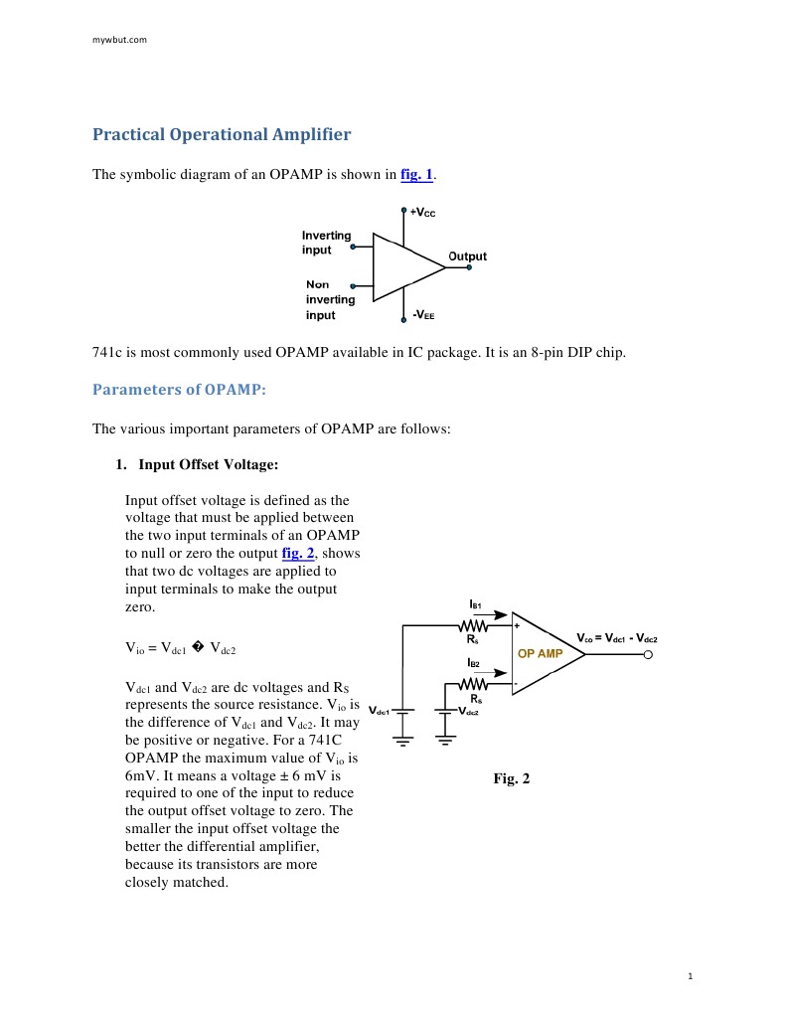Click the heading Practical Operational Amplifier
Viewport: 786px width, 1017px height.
click(x=222, y=134)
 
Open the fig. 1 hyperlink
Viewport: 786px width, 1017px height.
click(x=416, y=175)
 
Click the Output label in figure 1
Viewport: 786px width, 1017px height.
click(x=467, y=256)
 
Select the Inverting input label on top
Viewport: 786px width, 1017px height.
click(x=327, y=243)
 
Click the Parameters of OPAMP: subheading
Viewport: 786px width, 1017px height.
click(x=179, y=389)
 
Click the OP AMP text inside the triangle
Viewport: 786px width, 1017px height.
click(x=541, y=654)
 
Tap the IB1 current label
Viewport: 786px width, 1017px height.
click(x=475, y=603)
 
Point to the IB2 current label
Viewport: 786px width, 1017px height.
click(x=474, y=662)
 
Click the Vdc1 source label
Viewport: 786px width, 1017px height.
click(x=378, y=711)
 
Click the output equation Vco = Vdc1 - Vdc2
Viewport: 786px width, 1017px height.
click(x=617, y=637)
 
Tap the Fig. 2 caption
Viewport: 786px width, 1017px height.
click(x=512, y=778)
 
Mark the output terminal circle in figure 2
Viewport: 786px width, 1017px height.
click(x=648, y=655)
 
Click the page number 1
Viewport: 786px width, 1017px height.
click(x=690, y=976)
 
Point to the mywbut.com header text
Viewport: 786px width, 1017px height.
click(x=119, y=40)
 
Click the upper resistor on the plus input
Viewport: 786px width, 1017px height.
click(x=474, y=626)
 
